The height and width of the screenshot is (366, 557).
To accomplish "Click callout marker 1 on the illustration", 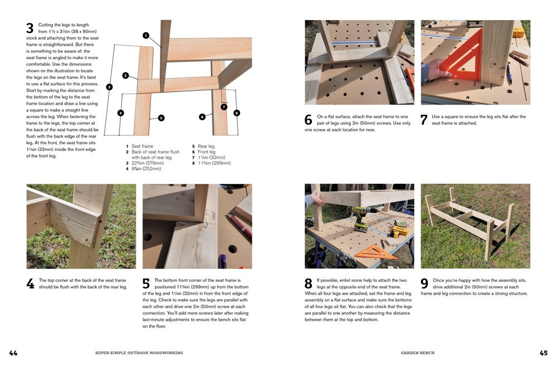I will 146,35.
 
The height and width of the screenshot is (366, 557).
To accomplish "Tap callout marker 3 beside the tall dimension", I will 109,86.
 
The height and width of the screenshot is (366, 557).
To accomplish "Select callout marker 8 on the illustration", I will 237,113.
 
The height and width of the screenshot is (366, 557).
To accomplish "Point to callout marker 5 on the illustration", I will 161,118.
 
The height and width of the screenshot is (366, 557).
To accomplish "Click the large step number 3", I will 30,28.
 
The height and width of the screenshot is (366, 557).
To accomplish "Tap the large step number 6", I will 308,120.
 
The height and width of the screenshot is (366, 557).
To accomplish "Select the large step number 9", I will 424,284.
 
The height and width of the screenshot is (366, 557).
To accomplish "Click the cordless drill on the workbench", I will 360,219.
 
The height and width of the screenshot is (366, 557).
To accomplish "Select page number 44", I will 13,353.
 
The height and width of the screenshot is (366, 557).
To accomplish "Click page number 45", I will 543,353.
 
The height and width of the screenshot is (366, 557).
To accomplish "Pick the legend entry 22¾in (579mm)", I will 146,163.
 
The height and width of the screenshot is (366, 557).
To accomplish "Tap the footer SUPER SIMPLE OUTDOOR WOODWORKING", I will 139,353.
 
